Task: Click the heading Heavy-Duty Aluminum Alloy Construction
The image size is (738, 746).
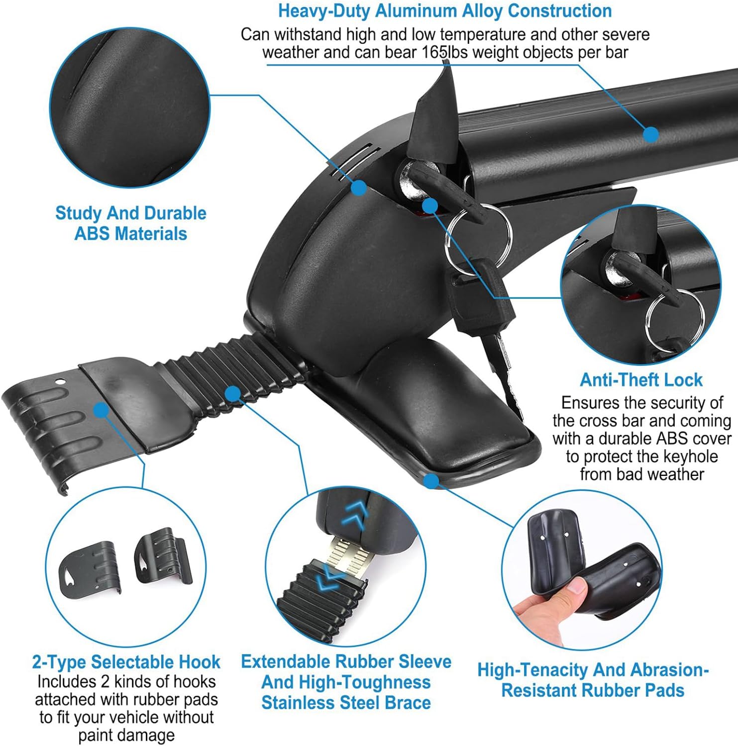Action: point(445,11)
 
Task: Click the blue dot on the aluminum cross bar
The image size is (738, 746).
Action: point(651,134)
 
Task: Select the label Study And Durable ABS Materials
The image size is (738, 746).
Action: point(131,223)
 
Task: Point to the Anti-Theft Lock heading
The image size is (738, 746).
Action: point(641,380)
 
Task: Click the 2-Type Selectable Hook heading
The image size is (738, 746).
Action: point(126,662)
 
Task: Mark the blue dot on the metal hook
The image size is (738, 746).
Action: point(101,410)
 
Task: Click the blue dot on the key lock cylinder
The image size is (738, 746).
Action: point(429,205)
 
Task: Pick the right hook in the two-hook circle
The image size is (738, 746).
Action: point(163,556)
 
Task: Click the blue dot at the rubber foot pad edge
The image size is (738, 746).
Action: point(431,480)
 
